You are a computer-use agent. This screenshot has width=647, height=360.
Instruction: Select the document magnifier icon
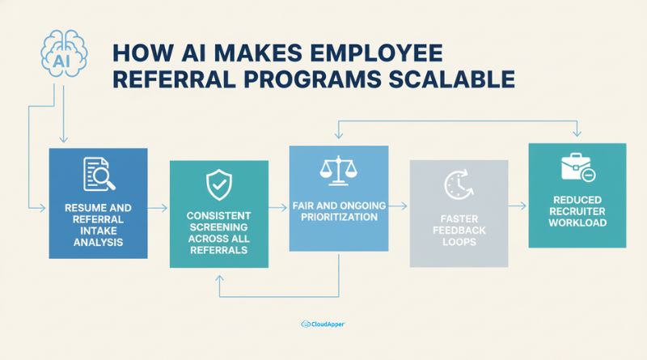coord(98,172)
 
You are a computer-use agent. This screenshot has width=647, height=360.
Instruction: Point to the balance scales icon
coord(338,169)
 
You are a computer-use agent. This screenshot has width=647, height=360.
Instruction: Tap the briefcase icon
coord(577,168)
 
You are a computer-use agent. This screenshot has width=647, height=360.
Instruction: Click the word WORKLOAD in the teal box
coord(577,222)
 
